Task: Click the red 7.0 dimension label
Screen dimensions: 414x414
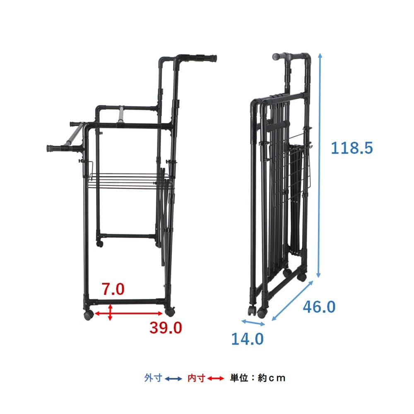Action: pos(113,289)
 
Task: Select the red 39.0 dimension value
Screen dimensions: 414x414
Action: pos(166,327)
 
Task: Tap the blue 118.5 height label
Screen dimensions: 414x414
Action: pos(351,148)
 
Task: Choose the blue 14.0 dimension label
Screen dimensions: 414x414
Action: pos(247,339)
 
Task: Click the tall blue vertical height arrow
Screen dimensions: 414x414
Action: pos(319,165)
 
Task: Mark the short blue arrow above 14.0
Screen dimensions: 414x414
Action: pos(253,323)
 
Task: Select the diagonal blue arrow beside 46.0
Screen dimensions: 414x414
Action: pos(292,301)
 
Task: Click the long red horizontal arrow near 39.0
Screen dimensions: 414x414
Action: pos(129,313)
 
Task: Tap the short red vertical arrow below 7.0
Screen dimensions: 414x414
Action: pos(110,312)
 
